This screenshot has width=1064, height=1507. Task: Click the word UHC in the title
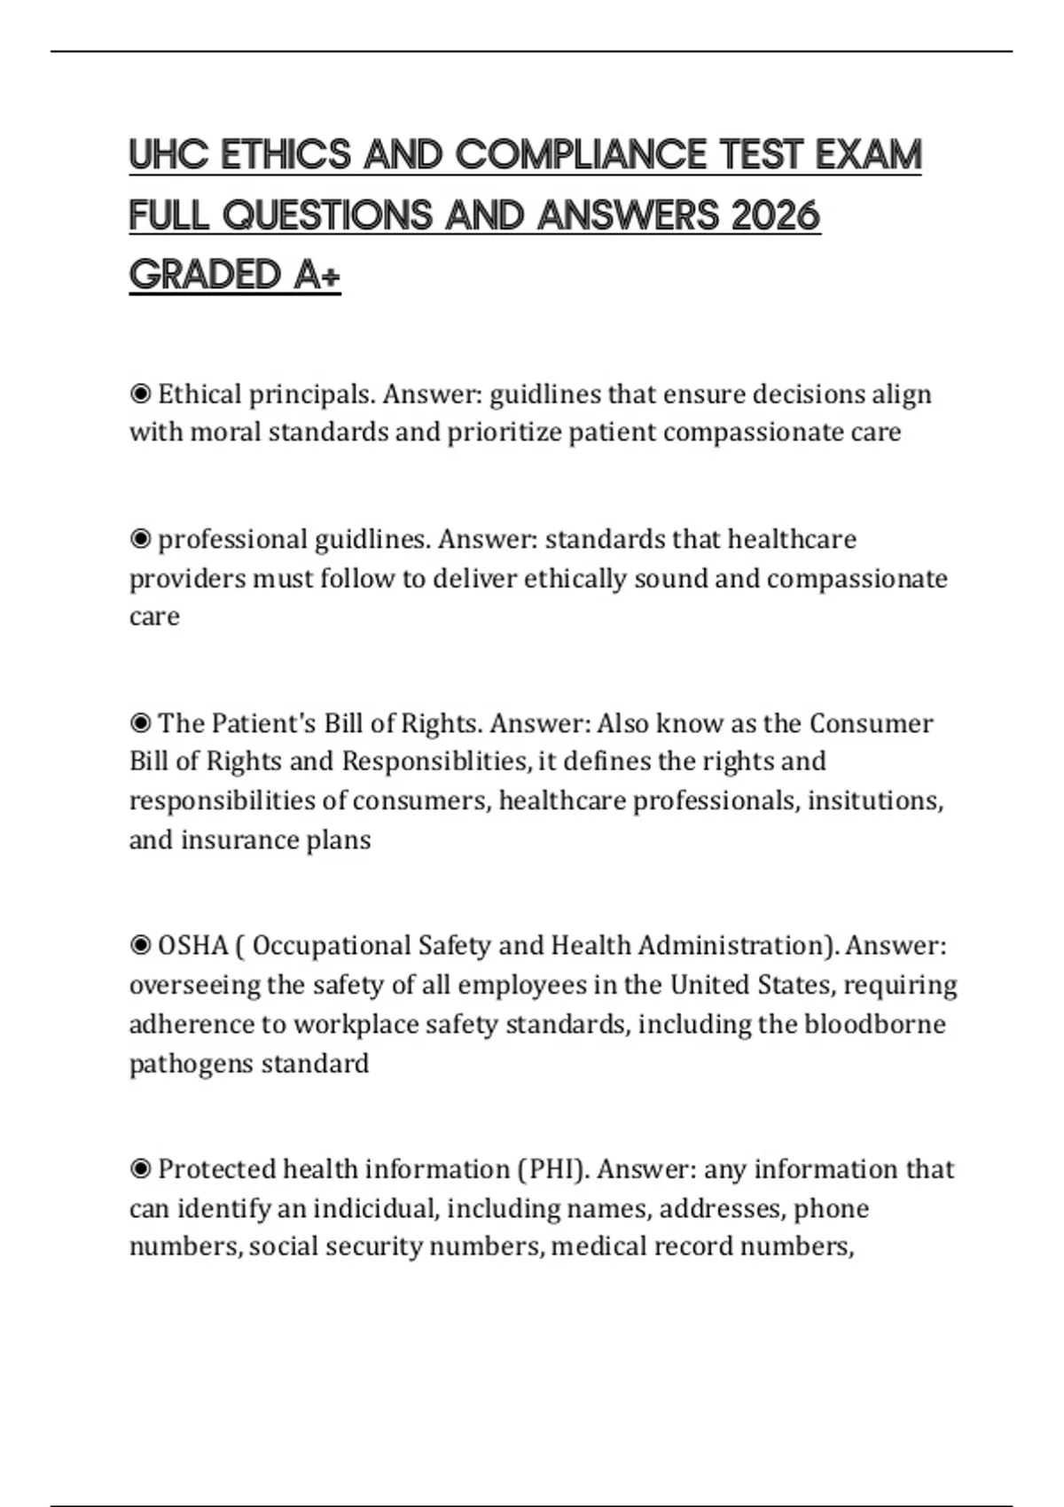click(168, 155)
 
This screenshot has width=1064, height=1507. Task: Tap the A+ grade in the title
click(317, 275)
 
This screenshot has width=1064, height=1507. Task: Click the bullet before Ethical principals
click(140, 394)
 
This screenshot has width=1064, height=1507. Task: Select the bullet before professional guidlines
click(140, 539)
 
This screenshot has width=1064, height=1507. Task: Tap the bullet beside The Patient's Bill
click(140, 723)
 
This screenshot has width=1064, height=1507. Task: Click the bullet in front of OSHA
click(140, 946)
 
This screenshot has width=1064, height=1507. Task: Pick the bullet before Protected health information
click(140, 1169)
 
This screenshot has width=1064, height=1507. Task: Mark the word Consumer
click(871, 723)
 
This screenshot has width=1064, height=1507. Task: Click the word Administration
click(738, 946)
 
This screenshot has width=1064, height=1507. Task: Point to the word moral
click(225, 433)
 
